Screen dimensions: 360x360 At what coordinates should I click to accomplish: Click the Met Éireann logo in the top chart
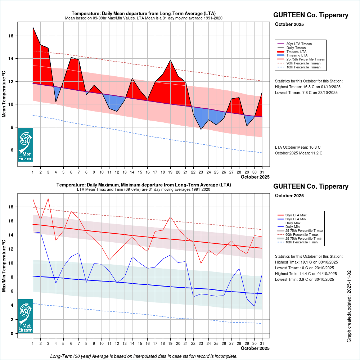click(25, 144)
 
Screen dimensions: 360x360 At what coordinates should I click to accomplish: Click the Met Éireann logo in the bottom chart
click(25, 316)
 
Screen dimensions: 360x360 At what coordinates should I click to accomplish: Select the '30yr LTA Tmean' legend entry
click(299, 44)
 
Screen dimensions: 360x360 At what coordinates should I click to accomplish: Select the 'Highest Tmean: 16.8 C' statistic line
click(308, 87)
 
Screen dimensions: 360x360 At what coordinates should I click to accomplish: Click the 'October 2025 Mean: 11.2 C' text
click(298, 153)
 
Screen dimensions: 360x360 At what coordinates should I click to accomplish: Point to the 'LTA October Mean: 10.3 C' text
click(297, 147)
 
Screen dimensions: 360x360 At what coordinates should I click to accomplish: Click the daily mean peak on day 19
click(170, 60)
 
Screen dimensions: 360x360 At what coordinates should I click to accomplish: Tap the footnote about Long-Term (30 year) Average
click(144, 356)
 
